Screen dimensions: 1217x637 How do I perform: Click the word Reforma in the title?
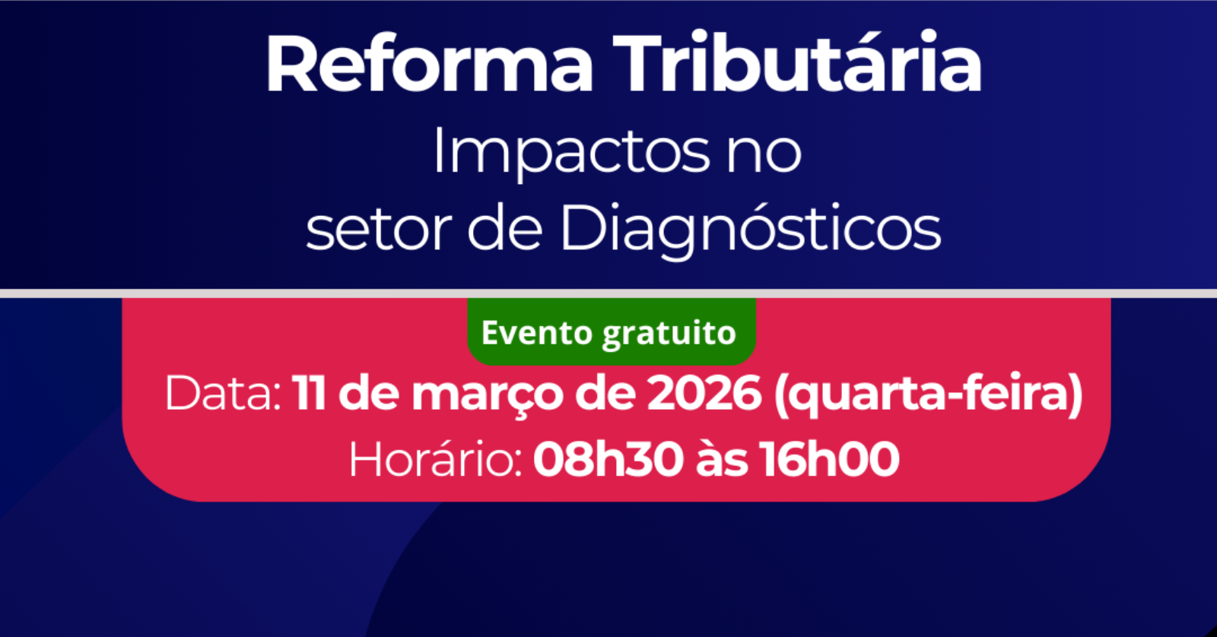[429, 64]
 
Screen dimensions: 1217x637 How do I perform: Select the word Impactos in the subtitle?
[571, 151]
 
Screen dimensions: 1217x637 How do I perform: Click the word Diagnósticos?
[751, 229]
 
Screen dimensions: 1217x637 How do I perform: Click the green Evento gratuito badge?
[612, 331]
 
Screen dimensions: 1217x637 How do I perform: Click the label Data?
[224, 393]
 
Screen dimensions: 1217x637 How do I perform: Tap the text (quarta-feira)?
[929, 395]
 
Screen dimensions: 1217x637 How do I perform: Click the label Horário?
[435, 459]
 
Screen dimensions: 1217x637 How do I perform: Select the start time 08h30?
[608, 459]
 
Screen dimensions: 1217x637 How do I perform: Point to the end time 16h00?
[830, 459]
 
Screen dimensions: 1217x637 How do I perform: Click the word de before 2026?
[605, 392]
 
